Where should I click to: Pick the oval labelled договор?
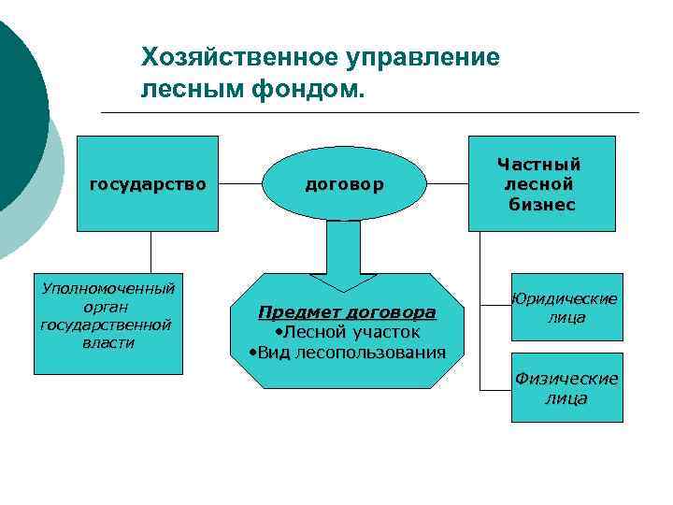[342, 184]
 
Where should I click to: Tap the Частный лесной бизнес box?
[541, 182]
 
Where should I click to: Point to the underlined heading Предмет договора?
[347, 311]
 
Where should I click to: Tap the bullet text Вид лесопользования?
[348, 352]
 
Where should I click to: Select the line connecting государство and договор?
[241, 184]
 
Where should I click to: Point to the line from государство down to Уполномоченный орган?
[150, 252]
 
